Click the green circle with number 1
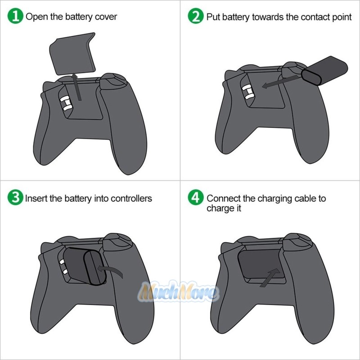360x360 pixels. click(16, 17)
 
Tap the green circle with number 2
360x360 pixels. click(195, 17)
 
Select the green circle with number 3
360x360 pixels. click(16, 198)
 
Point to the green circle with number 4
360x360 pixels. click(195, 198)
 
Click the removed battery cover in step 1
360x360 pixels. click(72, 53)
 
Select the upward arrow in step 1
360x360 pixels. click(77, 88)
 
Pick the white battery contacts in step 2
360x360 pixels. click(247, 93)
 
